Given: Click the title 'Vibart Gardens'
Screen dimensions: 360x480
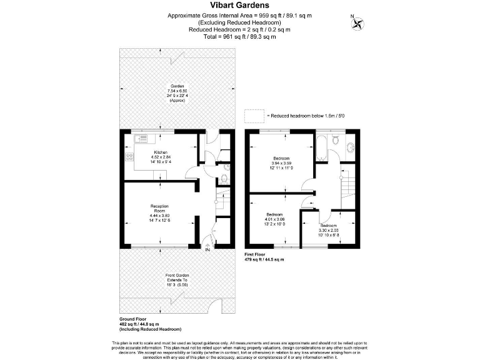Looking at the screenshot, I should [x=239, y=6].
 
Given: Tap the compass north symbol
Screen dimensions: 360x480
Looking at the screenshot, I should [x=359, y=23].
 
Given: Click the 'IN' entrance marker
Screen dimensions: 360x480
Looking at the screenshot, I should [x=207, y=250].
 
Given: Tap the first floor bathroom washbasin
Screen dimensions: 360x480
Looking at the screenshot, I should [x=349, y=147].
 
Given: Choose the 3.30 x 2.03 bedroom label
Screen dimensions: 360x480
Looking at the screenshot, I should [x=328, y=229].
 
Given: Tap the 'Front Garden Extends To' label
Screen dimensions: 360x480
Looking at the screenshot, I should [x=177, y=280].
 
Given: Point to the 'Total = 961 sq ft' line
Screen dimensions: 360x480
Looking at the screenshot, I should [x=239, y=36].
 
